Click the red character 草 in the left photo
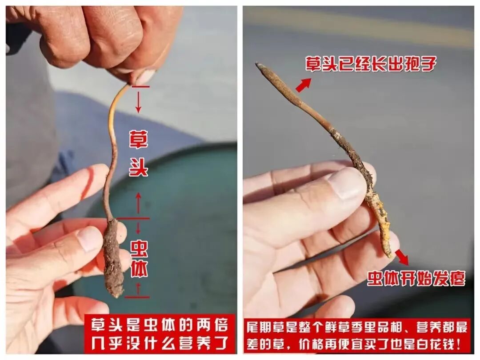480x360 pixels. tap(138, 140)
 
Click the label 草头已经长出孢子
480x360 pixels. tap(371, 64)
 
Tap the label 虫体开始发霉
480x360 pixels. tap(416, 278)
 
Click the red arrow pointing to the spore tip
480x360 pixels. tap(304, 85)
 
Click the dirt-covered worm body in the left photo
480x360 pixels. tap(114, 258)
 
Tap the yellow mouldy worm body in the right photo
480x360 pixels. tap(380, 220)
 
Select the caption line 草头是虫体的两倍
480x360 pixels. tap(159, 325)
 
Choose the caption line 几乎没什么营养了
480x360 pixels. tap(159, 343)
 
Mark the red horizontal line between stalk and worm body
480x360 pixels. tap(134, 219)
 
